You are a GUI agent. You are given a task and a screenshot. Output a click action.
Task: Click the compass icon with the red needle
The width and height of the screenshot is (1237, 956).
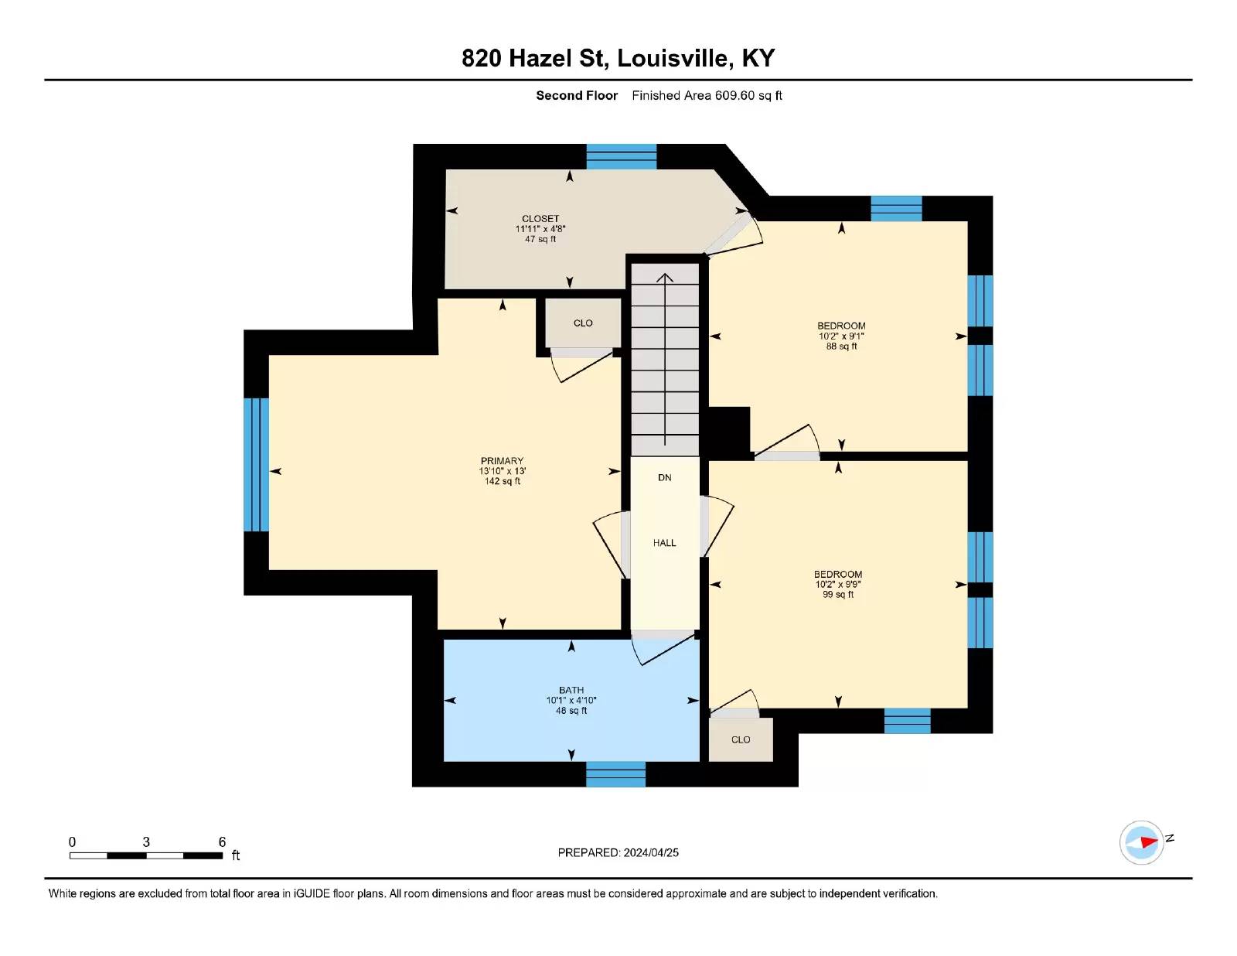tap(1141, 843)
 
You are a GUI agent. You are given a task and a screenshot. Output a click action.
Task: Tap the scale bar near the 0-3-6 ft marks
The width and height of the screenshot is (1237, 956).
tap(146, 855)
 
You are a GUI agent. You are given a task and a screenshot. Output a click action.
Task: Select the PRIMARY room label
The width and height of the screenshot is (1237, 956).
tap(502, 461)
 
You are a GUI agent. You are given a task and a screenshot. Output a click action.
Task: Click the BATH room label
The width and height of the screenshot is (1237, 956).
tap(571, 690)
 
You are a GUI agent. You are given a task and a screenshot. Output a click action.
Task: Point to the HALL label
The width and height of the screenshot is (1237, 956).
tap(664, 543)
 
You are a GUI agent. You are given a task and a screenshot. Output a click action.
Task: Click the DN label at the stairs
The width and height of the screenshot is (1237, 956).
tap(664, 477)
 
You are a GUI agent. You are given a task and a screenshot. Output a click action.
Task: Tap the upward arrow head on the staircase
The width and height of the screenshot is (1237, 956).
tap(665, 278)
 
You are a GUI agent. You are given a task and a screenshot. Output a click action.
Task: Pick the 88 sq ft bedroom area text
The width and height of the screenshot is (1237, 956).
tap(841, 346)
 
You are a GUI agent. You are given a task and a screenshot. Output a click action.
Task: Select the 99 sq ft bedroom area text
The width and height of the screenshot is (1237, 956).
tap(838, 594)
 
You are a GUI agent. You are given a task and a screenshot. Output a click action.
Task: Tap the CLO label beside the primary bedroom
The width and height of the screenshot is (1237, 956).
tap(583, 323)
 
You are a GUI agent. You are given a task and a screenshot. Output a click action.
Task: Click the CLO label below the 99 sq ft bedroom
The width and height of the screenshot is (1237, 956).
tap(741, 739)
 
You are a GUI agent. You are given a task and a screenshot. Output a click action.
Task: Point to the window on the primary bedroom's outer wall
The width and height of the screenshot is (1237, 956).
tap(256, 465)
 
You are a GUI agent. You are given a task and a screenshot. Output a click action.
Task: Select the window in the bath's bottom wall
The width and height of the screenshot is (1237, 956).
tap(615, 773)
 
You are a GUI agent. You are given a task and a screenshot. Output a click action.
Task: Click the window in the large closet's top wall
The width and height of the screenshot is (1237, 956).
tap(621, 156)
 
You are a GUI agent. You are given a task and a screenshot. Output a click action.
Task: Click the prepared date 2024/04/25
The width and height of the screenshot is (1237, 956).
tap(651, 852)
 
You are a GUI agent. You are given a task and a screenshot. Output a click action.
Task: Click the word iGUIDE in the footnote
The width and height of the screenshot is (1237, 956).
tap(312, 893)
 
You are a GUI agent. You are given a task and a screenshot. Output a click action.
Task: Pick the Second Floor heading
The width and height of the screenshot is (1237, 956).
tap(577, 95)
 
